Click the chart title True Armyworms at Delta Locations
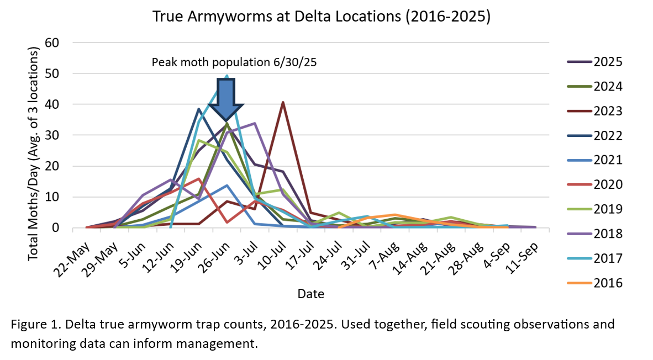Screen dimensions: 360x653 pos(322,17)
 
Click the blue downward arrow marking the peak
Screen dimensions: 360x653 pos(226,98)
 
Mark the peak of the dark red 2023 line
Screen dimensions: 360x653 pos(283,102)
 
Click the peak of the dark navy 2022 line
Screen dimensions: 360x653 pos(198,109)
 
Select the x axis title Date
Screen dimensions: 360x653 pos(310,293)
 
